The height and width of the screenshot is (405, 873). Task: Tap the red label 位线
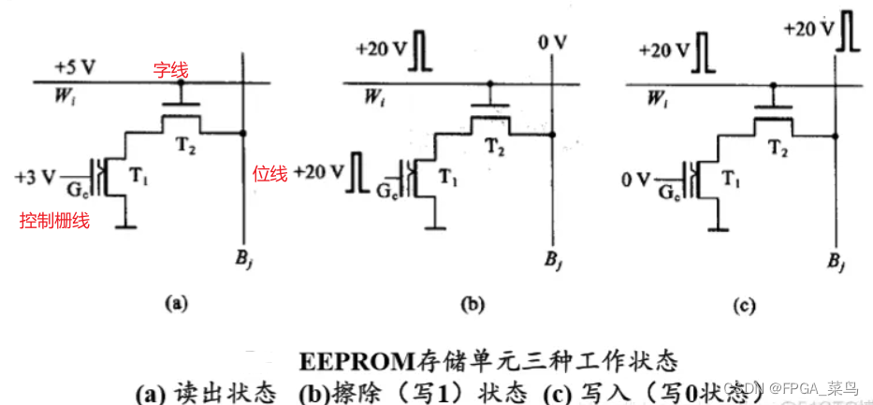pos(270,173)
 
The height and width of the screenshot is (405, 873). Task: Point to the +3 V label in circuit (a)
pos(36,175)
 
